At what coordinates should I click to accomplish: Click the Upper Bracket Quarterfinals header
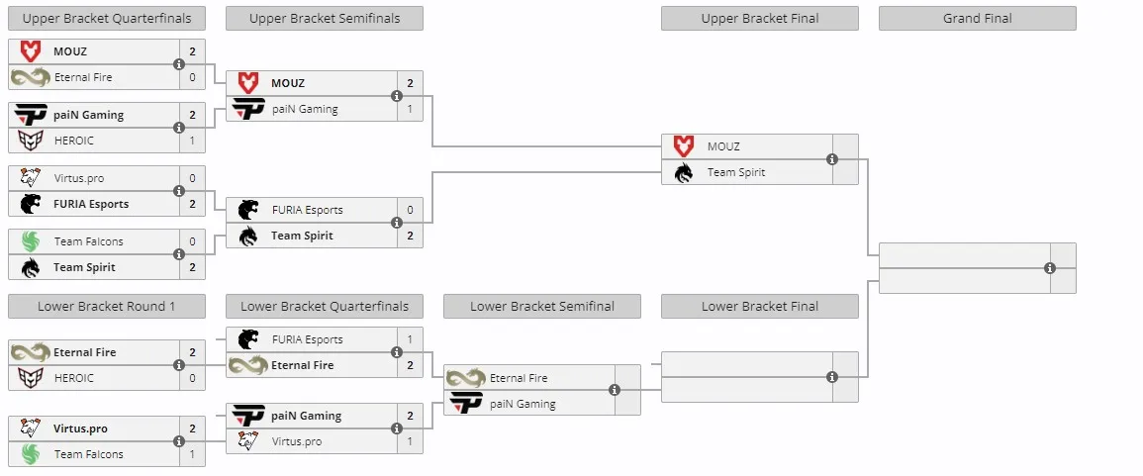pos(107,18)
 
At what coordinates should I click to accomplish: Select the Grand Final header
pos(977,18)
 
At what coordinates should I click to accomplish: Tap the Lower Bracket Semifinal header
pos(541,306)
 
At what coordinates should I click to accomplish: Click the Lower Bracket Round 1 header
pos(107,306)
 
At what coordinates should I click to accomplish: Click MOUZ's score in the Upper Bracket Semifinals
pos(411,83)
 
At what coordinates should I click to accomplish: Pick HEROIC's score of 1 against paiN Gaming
pos(192,141)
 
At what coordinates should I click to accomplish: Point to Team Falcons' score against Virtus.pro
pos(192,454)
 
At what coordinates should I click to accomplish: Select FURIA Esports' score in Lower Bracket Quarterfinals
pos(411,339)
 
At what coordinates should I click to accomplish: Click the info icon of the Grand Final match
pos(1050,268)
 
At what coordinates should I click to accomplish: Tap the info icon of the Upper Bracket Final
pos(831,159)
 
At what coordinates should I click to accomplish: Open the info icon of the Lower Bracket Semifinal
pos(615,390)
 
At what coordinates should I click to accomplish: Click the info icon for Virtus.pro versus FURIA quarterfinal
pos(178,191)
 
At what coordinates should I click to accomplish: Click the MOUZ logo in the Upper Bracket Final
pos(683,146)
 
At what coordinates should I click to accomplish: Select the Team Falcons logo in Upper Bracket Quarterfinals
pos(31,241)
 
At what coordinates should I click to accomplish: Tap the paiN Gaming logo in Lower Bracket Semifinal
pos(466,404)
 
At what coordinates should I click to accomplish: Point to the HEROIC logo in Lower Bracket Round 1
pos(31,378)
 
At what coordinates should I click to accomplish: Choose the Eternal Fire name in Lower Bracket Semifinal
pos(519,378)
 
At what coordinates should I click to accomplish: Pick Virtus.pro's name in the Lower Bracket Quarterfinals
pos(297,441)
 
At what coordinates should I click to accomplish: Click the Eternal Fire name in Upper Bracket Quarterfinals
pos(83,77)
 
